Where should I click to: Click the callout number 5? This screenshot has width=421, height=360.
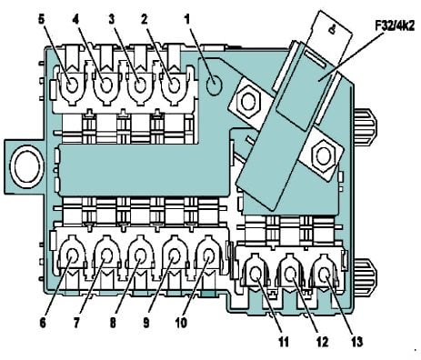(x=41, y=19)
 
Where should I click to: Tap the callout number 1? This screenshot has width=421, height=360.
(x=187, y=19)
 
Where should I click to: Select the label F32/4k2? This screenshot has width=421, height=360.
(x=395, y=25)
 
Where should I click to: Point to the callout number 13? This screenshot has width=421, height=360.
(x=357, y=342)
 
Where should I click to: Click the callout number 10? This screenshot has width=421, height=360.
(x=181, y=323)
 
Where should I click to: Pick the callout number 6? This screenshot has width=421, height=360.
(x=43, y=323)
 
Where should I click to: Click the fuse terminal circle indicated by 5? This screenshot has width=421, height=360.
(x=72, y=85)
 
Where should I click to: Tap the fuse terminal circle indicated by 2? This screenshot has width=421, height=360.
(x=174, y=86)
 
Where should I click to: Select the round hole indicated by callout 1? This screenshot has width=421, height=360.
(x=215, y=85)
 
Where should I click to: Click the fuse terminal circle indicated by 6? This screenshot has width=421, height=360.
(x=73, y=256)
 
